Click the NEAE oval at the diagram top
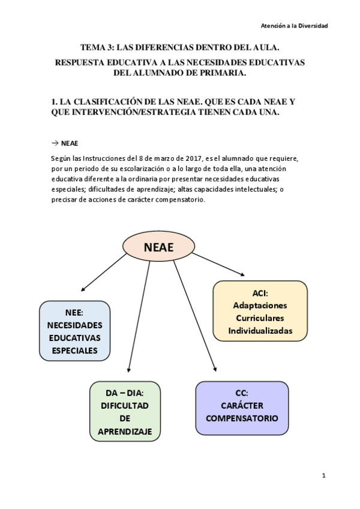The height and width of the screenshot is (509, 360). [159, 247]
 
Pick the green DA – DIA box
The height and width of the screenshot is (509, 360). [125, 411]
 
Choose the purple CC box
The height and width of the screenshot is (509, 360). [242, 408]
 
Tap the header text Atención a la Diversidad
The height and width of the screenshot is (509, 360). [294, 26]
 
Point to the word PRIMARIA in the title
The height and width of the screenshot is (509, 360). [220, 73]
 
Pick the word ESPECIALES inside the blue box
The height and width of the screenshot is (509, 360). [74, 351]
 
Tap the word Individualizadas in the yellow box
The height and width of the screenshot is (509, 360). [260, 331]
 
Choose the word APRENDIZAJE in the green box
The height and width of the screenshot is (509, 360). [125, 432]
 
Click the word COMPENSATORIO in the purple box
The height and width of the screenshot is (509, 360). [242, 418]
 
